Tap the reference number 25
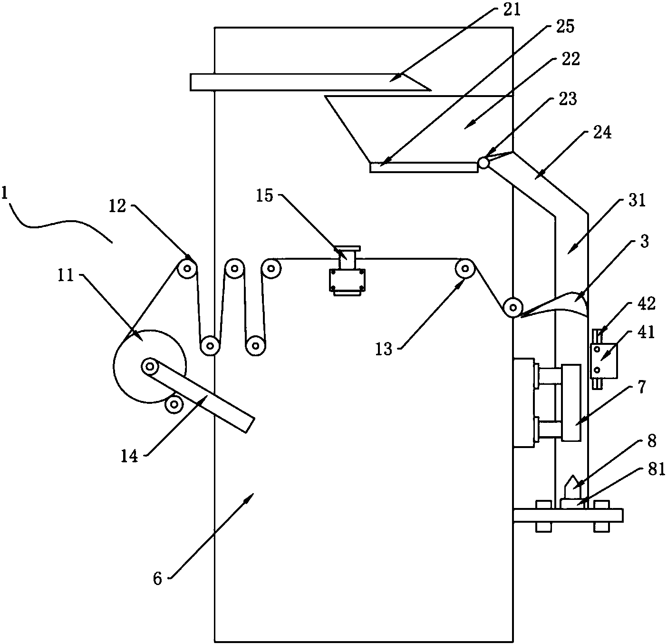pyautogui.click(x=564, y=27)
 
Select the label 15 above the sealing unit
pyautogui.click(x=265, y=195)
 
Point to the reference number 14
pyautogui.click(x=129, y=457)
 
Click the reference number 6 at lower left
pyautogui.click(x=158, y=578)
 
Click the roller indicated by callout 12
pyautogui.click(x=187, y=269)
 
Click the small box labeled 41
pyautogui.click(x=603, y=360)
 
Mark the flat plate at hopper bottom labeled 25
pyautogui.click(x=423, y=167)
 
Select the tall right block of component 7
pyautogui.click(x=570, y=402)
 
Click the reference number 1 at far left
pyautogui.click(x=5, y=194)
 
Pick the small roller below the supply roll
pyautogui.click(x=174, y=404)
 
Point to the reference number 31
pyautogui.click(x=637, y=201)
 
